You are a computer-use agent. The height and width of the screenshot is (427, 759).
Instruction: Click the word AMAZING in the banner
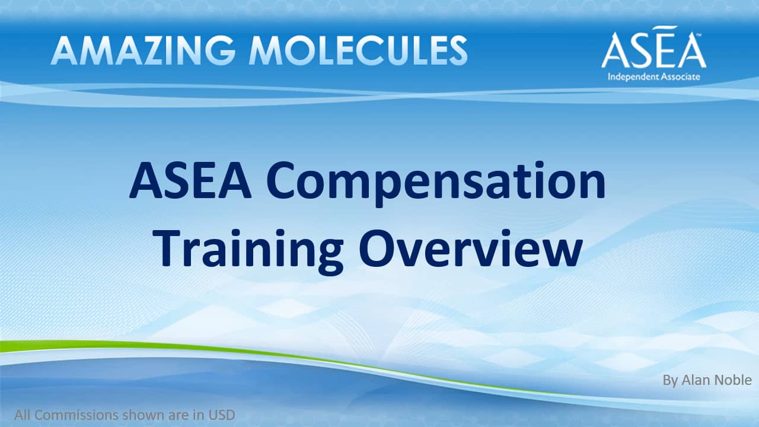point(143,50)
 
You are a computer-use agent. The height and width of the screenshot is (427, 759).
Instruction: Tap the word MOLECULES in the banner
point(358,50)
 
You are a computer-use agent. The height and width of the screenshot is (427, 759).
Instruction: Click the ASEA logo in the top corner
point(653,47)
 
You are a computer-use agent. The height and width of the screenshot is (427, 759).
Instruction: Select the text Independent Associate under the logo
point(653,77)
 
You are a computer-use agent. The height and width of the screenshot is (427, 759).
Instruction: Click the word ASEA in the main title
point(190,181)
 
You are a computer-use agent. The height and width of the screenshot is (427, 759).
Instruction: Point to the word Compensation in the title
point(436,183)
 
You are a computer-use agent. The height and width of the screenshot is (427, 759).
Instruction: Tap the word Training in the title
point(248,251)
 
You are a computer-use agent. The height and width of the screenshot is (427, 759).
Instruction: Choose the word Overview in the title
point(471,248)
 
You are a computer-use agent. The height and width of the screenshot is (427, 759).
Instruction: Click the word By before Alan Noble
point(670,381)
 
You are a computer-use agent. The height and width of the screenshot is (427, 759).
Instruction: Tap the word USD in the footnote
point(222,415)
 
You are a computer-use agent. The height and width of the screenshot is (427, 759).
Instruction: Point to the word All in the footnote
point(23,415)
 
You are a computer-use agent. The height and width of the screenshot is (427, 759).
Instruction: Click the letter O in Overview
point(376,248)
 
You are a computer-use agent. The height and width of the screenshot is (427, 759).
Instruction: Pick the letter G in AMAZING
point(220,50)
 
